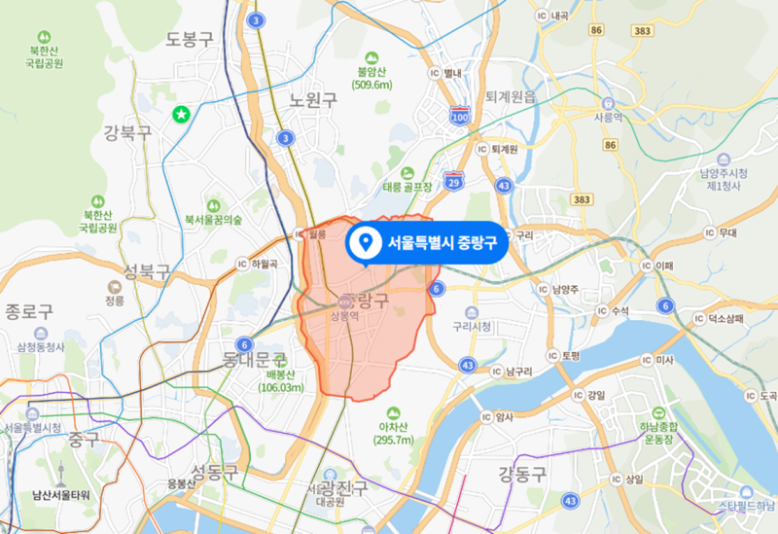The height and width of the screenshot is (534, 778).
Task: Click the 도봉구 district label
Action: click(189, 39)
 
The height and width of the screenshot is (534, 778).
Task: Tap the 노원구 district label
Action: click(313, 100)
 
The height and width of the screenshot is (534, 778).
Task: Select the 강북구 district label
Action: click(127, 131)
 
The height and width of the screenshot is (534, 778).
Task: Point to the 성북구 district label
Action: click(147, 269)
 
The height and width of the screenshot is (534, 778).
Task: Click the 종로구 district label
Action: click(28, 311)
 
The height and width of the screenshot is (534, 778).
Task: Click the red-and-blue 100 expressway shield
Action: click(459, 117)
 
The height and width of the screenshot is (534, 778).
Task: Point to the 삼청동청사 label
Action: click(41, 346)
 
